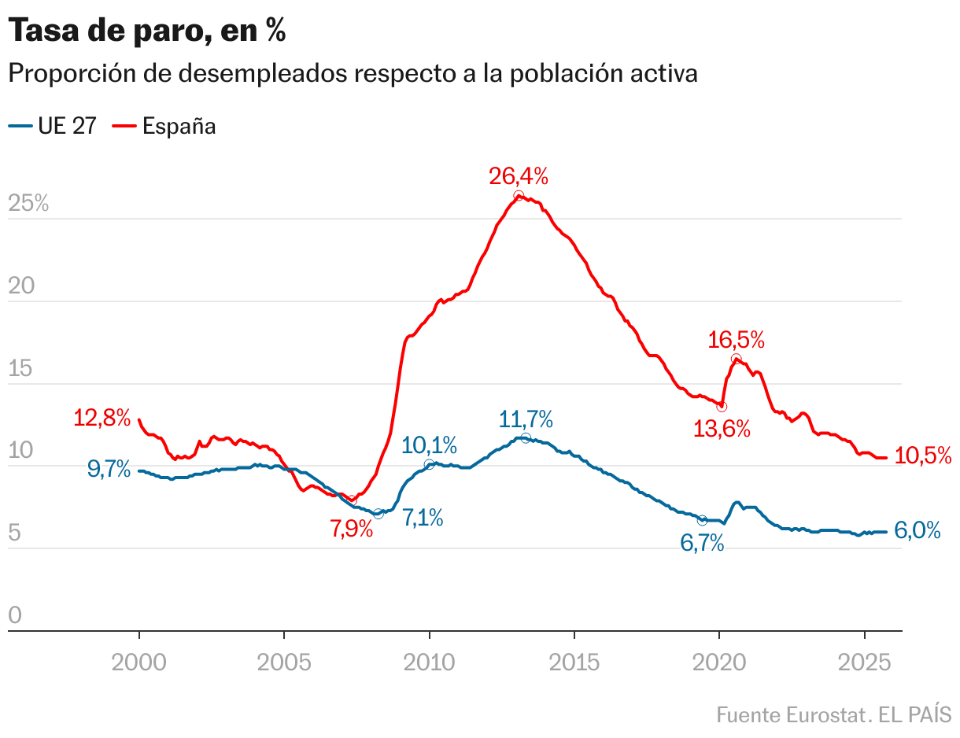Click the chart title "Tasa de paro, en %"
pos(146,31)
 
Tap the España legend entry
pos(166,126)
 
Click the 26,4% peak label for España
pos(519,176)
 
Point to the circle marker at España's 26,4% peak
pos(519,196)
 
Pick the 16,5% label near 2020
pos(736,340)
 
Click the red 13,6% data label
pos(722,429)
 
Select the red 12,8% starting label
pos(102,418)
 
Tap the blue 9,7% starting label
pos(109,470)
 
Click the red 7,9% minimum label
pos(351,528)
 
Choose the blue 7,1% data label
pos(423,518)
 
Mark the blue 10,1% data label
pos(429,445)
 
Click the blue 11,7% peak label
pos(526,419)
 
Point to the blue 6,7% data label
pos(702,542)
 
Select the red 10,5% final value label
pos(923,456)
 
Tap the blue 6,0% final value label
pos(918,531)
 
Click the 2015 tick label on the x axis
pos(574,662)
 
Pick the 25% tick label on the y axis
pos(28,204)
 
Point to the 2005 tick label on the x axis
pos(284,662)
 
